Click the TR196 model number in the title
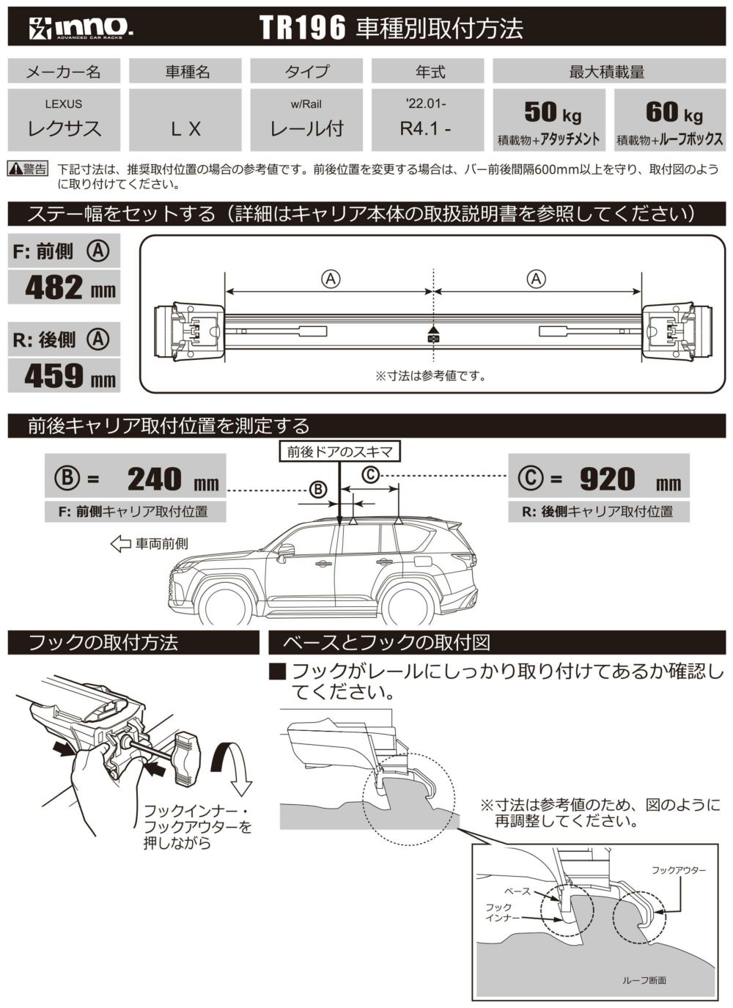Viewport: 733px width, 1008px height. (x=302, y=29)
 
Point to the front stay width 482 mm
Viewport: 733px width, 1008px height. (x=70, y=287)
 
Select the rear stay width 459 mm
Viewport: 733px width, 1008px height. (x=70, y=375)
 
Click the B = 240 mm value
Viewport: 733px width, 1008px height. (x=154, y=479)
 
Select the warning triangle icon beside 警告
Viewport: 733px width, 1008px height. (x=15, y=169)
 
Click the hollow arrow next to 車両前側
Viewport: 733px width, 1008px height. (x=119, y=543)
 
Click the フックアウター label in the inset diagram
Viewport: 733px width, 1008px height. (x=679, y=870)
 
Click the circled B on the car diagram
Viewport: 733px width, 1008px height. (x=317, y=488)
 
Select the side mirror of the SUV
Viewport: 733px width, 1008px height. (x=284, y=551)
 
